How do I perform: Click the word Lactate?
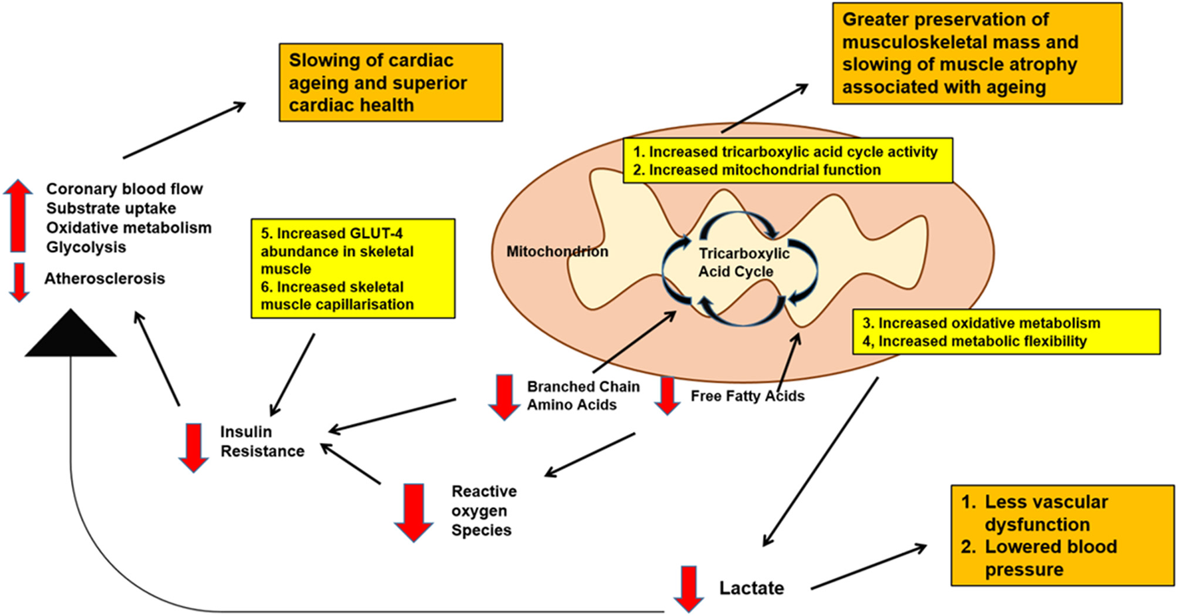pos(751,588)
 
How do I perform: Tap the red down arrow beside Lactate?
pos(689,589)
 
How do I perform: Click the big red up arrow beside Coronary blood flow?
pos(18,216)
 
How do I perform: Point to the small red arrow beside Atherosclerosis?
pos(19,281)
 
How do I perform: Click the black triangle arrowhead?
pos(70,336)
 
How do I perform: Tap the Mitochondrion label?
pos(557,251)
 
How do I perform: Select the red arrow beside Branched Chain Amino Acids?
pos(505,396)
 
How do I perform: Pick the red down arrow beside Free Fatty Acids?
pos(667,395)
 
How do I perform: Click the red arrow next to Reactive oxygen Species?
pos(413,512)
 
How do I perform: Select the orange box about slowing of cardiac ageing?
pos(390,82)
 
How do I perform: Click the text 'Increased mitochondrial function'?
pos(764,170)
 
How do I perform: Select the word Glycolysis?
pos(86,247)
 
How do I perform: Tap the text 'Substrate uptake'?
pos(111,208)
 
